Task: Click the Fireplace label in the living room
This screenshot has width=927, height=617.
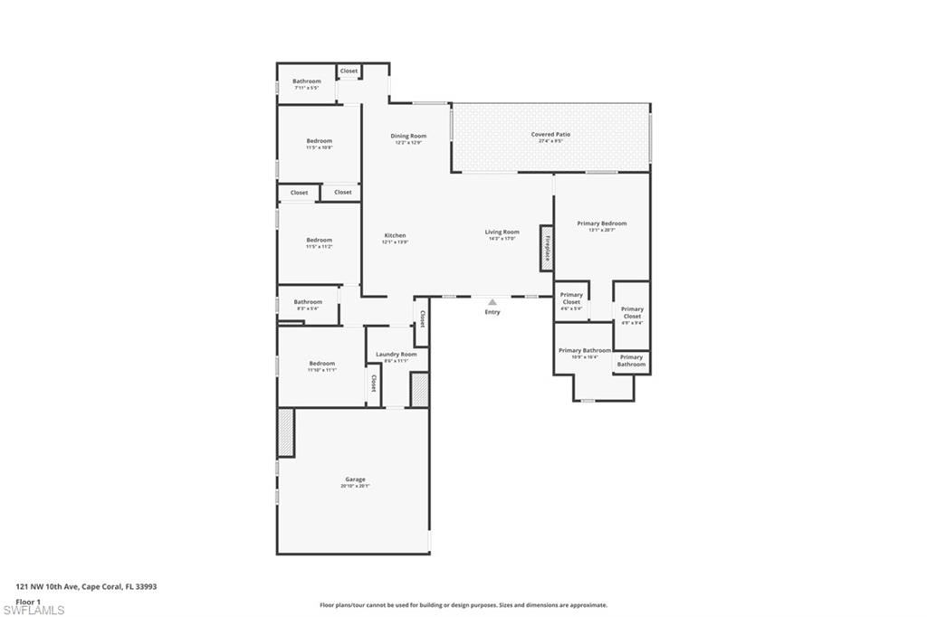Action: [547, 248]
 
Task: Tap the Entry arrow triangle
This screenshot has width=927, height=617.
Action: [492, 302]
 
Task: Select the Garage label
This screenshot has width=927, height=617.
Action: [355, 479]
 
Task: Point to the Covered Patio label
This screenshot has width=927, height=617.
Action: [550, 135]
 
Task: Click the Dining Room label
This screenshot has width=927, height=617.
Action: [408, 136]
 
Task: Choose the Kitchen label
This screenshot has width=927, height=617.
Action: [395, 235]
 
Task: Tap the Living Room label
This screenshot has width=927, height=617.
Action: [502, 232]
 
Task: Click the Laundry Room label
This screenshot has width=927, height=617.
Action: [397, 354]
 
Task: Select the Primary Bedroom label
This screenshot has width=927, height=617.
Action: [601, 223]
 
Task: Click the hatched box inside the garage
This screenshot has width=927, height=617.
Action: [286, 432]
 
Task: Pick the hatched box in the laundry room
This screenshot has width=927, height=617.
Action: [419, 389]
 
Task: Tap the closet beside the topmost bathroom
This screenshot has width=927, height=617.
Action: [349, 71]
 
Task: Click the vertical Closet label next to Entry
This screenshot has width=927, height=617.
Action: [422, 320]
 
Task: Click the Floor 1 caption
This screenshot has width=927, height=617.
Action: [28, 601]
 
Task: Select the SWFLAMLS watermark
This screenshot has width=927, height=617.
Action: [33, 610]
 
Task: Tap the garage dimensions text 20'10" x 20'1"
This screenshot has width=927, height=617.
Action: [355, 486]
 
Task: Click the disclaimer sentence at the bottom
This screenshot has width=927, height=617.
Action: [463, 605]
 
